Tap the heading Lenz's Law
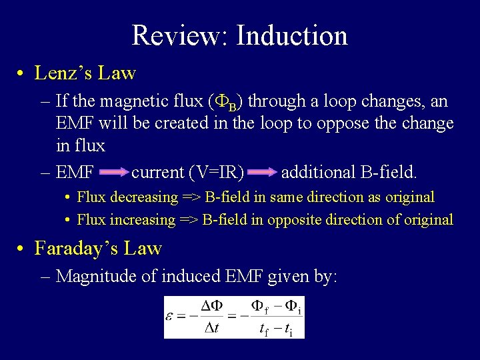pyautogui.click(x=85, y=73)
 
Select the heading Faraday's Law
pyautogui.click(x=98, y=248)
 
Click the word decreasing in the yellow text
pyautogui.click(x=144, y=197)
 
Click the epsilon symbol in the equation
pyautogui.click(x=172, y=315)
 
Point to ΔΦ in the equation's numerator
pyautogui.click(x=211, y=305)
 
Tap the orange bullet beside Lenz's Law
pyautogui.click(x=22, y=73)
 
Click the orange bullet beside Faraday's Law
pyautogui.click(x=22, y=249)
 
